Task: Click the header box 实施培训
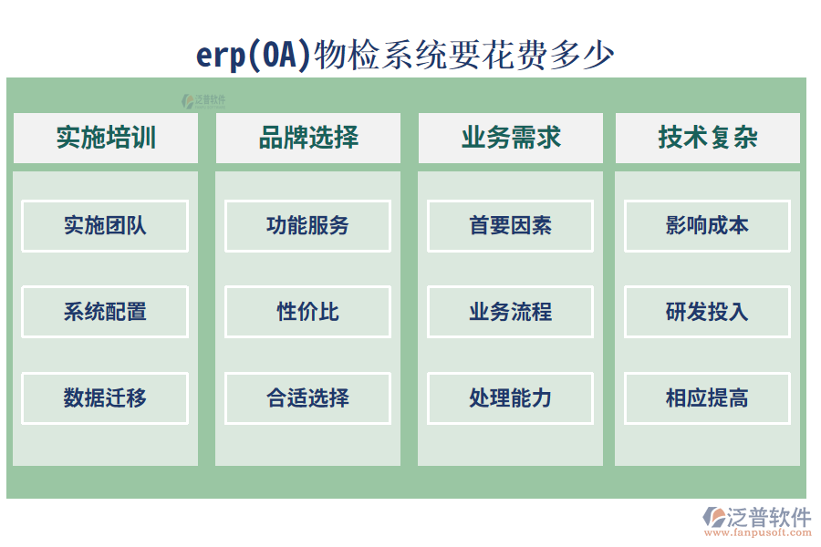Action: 105,138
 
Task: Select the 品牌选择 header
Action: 307,138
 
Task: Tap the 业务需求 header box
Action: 510,138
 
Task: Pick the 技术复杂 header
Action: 707,138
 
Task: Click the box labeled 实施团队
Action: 105,226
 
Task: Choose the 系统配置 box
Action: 105,312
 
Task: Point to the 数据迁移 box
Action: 105,397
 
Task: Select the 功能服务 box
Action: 307,226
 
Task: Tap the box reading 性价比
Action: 307,312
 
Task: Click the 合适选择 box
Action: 307,397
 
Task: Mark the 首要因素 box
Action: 510,226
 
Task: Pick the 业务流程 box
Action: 510,312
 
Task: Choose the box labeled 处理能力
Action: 510,397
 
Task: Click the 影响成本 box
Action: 707,226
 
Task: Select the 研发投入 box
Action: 707,312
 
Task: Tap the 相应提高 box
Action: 707,397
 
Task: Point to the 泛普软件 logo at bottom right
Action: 756,517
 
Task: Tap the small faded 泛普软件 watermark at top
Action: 203,101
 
